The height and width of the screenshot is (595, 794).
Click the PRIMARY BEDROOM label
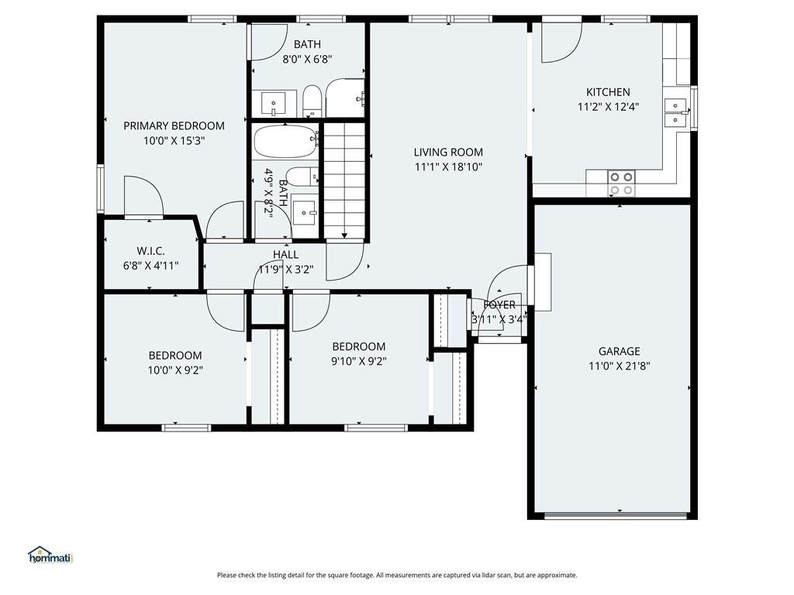[x=174, y=126]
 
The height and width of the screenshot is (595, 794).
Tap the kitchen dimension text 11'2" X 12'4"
[x=608, y=107]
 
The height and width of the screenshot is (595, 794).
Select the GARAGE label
[x=619, y=351]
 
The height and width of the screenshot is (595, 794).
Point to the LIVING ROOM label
[x=448, y=152]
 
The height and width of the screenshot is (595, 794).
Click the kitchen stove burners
[x=621, y=183]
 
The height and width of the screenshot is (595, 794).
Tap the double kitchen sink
[x=675, y=112]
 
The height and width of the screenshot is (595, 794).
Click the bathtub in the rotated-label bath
[x=286, y=142]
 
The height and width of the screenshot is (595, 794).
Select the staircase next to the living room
[x=344, y=180]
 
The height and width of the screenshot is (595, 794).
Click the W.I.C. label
[x=150, y=251]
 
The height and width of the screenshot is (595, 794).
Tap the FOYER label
[x=499, y=304]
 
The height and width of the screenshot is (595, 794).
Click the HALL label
[x=285, y=254]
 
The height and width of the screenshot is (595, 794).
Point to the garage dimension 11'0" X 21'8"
[x=619, y=366]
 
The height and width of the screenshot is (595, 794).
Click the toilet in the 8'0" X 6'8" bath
[x=312, y=101]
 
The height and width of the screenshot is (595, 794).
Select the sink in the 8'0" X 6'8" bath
[x=274, y=104]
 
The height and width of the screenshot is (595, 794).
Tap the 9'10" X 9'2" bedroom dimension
[x=358, y=361]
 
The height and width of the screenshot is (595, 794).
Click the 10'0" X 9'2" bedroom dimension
[x=175, y=370]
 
